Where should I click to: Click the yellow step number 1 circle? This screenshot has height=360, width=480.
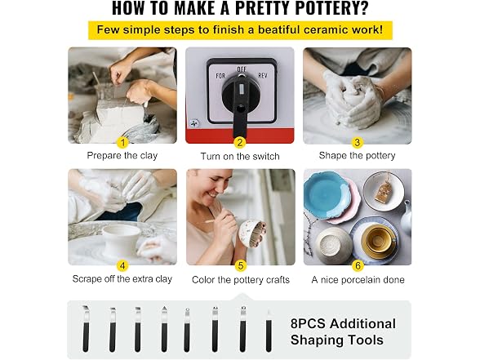pos(122,142)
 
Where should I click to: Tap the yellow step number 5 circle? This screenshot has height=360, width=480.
pos(241,265)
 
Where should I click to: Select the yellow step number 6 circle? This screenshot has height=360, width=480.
pos(358,265)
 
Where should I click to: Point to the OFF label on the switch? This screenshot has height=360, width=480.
pos(242,69)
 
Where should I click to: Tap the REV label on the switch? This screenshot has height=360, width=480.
pos(263,75)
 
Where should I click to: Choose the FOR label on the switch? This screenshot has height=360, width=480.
pos(220,76)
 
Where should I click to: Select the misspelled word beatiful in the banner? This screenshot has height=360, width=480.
pos(278,30)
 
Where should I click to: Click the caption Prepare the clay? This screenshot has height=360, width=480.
pos(122,155)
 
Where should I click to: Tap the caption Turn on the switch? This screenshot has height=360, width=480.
pos(240,157)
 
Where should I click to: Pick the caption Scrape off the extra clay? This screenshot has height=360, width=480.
pos(122,279)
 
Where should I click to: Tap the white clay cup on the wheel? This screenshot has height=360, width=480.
pos(121,238)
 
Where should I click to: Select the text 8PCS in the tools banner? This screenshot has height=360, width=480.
pos(308,323)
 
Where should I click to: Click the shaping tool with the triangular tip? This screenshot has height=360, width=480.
pos(164,328)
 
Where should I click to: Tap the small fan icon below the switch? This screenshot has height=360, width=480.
pos(194,123)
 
